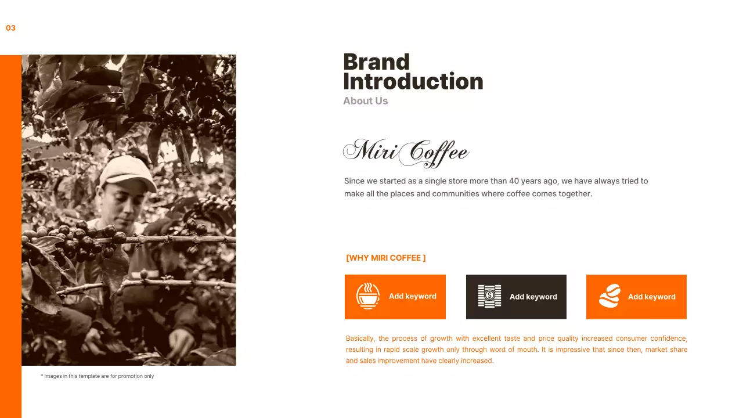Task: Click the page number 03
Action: (x=10, y=28)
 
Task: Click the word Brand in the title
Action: (x=376, y=62)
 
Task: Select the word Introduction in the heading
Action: (x=413, y=82)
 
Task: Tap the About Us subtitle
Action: (x=365, y=101)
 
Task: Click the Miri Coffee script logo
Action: (x=406, y=152)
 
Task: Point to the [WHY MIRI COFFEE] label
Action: (x=385, y=258)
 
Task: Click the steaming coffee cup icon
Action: (x=368, y=297)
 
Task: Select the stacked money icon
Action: (x=489, y=297)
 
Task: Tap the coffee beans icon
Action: (x=609, y=297)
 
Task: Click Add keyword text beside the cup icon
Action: (x=413, y=296)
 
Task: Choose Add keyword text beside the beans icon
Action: (x=651, y=297)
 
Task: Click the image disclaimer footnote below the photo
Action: (x=98, y=376)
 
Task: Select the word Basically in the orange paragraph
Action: (x=360, y=338)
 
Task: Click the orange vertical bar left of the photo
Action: (x=10, y=232)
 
